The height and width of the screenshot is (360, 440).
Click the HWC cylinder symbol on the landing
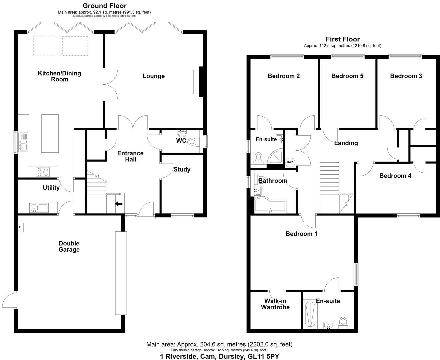pyautogui.click(x=290, y=162)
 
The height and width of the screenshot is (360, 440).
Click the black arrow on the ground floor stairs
pyautogui.click(x=118, y=204)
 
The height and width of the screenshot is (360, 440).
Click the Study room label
pyautogui.click(x=182, y=169)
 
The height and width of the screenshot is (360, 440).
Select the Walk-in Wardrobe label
pyautogui.click(x=275, y=304)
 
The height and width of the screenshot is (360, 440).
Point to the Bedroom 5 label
pyautogui.click(x=347, y=76)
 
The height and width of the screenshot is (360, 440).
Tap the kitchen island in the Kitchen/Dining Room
pyautogui.click(x=50, y=133)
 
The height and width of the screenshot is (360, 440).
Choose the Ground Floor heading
pyautogui.click(x=104, y=6)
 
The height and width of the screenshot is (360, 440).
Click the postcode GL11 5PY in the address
pyautogui.click(x=263, y=356)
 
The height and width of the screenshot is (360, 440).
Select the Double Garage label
pyautogui.click(x=69, y=246)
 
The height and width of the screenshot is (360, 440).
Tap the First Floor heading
pyautogui.click(x=343, y=39)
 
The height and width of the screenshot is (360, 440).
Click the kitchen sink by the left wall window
pyautogui.click(x=23, y=142)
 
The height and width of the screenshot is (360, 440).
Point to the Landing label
pyautogui.click(x=346, y=143)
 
